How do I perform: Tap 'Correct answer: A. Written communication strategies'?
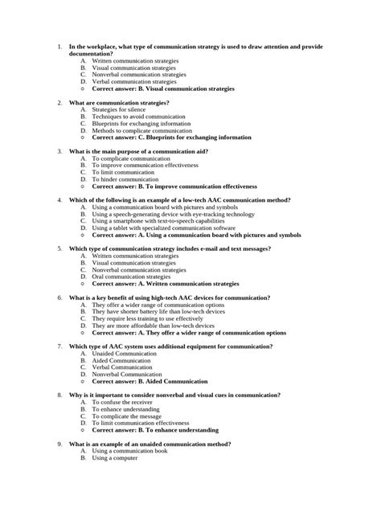(166, 284)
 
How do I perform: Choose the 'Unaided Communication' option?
(121, 354)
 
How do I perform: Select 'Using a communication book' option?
(131, 451)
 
